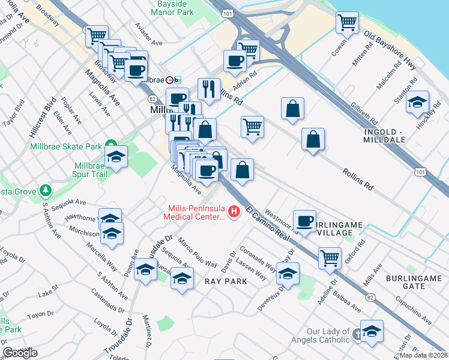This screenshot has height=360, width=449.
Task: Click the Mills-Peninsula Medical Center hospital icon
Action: [234, 212]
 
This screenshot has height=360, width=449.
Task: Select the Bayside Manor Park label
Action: [172, 8]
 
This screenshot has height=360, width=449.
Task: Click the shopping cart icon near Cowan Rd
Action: [348, 22]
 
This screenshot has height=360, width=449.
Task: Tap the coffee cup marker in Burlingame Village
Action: [304, 220]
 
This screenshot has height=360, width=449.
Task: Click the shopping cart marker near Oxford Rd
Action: [330, 257]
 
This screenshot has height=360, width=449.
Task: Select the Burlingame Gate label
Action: [414, 282]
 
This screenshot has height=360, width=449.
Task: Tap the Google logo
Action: [20, 353]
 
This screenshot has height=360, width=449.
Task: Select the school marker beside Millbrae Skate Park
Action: [116, 157]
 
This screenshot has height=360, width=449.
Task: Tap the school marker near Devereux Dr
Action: [288, 274]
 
